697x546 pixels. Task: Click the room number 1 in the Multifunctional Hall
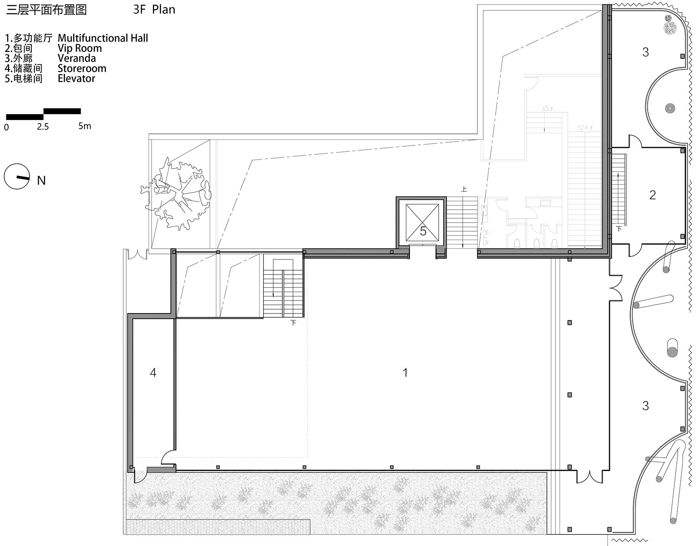click(x=405, y=373)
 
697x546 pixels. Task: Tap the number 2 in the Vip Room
click(x=652, y=195)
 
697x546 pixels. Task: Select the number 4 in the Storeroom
click(x=153, y=373)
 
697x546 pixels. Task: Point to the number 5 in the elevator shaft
click(x=423, y=232)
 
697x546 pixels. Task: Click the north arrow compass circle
click(x=17, y=176)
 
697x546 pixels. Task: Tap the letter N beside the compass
click(x=41, y=181)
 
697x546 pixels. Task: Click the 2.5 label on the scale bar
click(x=43, y=127)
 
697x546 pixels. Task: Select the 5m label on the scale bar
click(x=85, y=126)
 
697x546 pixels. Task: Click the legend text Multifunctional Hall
click(x=103, y=38)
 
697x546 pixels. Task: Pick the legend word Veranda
click(x=76, y=58)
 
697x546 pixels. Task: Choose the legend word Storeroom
click(x=82, y=69)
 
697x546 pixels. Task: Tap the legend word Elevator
click(x=76, y=78)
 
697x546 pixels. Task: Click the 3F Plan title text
click(x=154, y=10)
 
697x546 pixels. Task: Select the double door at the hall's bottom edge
click(x=589, y=476)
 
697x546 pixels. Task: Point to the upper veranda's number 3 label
click(x=645, y=52)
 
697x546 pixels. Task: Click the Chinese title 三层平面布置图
click(x=46, y=10)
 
